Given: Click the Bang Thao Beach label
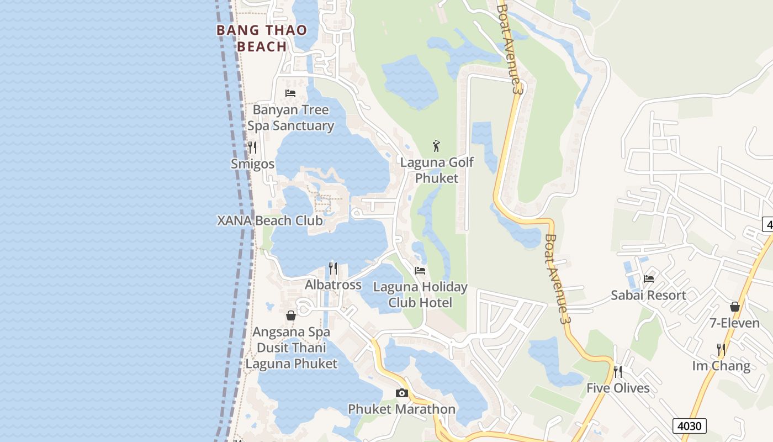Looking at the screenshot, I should point(262,38).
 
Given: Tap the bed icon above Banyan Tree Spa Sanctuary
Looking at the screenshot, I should point(290,93).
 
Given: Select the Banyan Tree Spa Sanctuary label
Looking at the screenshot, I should point(290,118).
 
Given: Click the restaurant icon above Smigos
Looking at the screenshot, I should point(252,148).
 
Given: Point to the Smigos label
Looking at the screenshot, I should point(252,164).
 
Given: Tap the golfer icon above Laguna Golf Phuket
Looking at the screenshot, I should point(437,146).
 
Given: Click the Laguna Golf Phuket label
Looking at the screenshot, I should point(437,170).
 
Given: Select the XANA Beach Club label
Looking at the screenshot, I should point(269,220).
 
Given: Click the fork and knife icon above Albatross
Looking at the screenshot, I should point(333,269).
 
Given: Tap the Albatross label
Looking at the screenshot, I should point(333,285).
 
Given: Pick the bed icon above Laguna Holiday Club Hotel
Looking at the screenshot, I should point(420,271).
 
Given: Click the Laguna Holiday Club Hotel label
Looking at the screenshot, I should point(420,295).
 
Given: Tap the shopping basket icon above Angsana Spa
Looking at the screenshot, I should point(291,315).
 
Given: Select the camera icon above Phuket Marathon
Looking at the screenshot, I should point(402,393).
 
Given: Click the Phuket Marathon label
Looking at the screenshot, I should point(401,409).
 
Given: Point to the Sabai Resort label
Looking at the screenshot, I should point(648,295).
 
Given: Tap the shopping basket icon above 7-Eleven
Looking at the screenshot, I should point(735,307).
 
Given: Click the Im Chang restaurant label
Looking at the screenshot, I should point(721,366).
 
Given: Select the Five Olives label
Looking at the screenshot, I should point(618,388).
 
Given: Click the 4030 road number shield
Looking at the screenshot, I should point(690,426).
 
